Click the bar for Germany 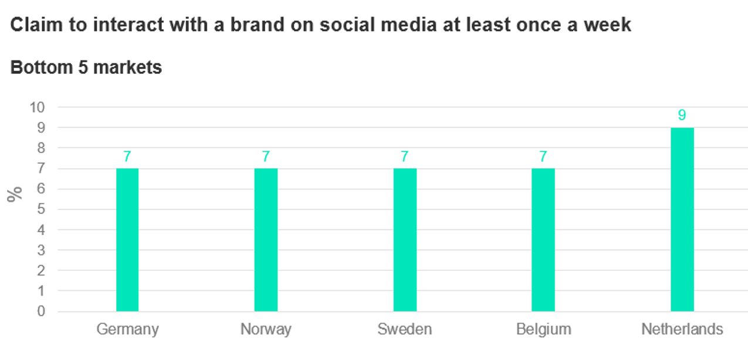(x=127, y=240)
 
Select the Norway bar (x=266, y=240)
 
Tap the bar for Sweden (x=405, y=240)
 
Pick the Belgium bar (x=543, y=240)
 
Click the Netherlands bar (x=682, y=219)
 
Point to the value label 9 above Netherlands (x=682, y=116)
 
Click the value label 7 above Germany (x=127, y=157)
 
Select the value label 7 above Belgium (x=543, y=157)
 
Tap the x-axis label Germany (x=127, y=330)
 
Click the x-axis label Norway (x=266, y=330)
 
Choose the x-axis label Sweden (x=405, y=330)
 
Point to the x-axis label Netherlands (x=682, y=330)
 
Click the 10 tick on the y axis (x=37, y=108)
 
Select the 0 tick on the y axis (x=41, y=311)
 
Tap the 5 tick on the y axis (x=41, y=209)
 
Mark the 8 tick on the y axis (x=41, y=148)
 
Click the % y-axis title (x=15, y=193)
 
